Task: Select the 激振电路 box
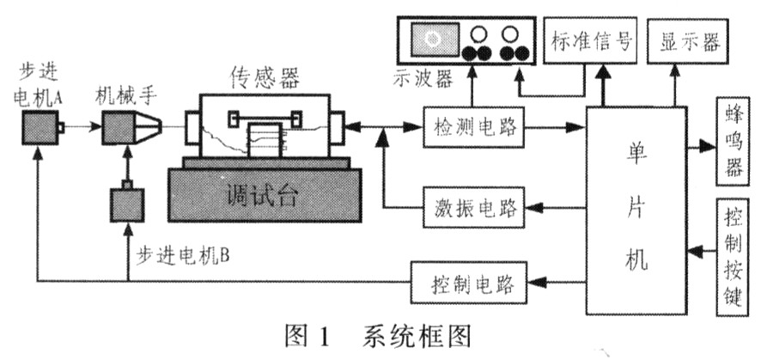click(465, 208)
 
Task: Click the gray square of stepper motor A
click(41, 130)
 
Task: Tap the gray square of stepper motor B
click(127, 207)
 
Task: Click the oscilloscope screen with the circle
click(432, 38)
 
